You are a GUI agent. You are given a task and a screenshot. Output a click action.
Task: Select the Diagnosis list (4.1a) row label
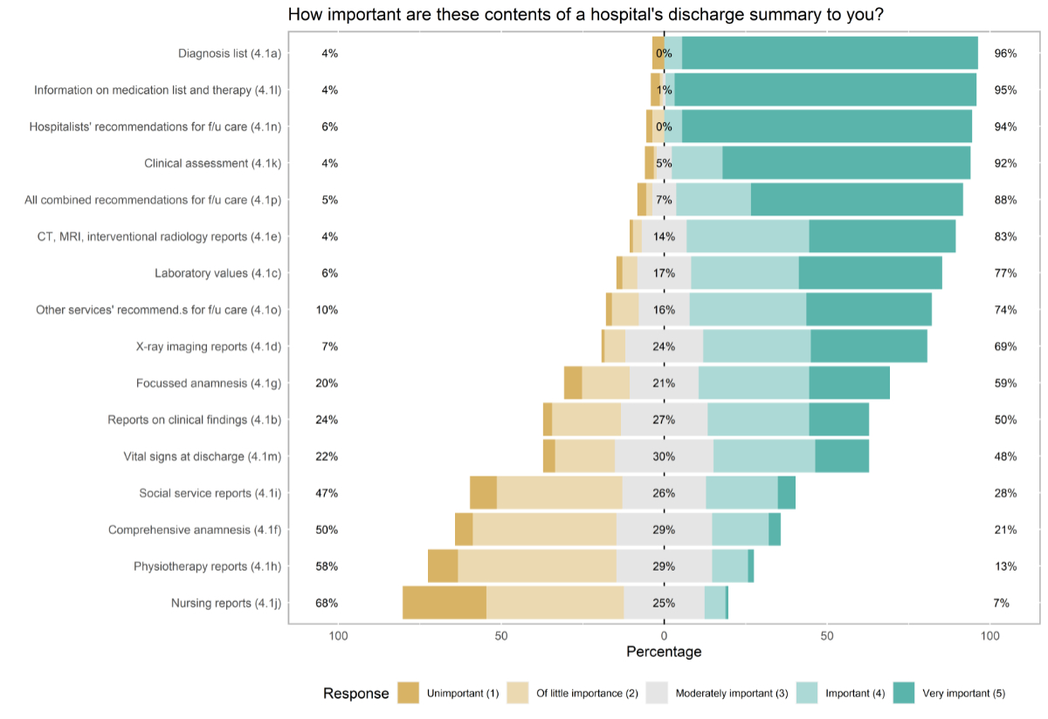coord(230,53)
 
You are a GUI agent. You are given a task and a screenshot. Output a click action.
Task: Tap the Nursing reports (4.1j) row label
coord(225,603)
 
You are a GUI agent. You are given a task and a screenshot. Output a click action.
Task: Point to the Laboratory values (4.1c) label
coord(217,273)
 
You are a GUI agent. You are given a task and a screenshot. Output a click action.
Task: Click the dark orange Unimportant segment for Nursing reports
coord(445,603)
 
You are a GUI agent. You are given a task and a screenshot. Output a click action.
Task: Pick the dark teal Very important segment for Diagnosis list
coord(830,53)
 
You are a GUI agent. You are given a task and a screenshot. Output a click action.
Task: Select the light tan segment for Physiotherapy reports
coord(537,566)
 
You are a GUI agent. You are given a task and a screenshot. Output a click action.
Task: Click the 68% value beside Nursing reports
coord(327,603)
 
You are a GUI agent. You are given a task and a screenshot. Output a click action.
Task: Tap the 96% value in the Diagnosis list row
coord(1005,53)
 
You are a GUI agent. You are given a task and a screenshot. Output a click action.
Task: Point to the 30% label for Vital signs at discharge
coord(664,456)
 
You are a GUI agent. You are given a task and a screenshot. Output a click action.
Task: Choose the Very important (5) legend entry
coord(961,694)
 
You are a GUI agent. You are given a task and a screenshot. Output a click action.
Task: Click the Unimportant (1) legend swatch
coord(409,694)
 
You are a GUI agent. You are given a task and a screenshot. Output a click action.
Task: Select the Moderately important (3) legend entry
coord(732,694)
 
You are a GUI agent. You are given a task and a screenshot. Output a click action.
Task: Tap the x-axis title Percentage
coord(664,652)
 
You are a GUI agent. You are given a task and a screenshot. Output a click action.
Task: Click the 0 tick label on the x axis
coord(664,635)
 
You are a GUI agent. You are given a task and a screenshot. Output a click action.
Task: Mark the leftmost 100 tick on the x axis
coord(338,635)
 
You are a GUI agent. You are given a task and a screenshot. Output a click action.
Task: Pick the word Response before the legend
coord(355,694)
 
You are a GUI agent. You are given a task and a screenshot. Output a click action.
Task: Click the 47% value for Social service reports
coord(327,493)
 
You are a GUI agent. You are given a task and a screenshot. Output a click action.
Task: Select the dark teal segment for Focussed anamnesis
coord(849,383)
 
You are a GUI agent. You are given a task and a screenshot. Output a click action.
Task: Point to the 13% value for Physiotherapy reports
coord(1005,566)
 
